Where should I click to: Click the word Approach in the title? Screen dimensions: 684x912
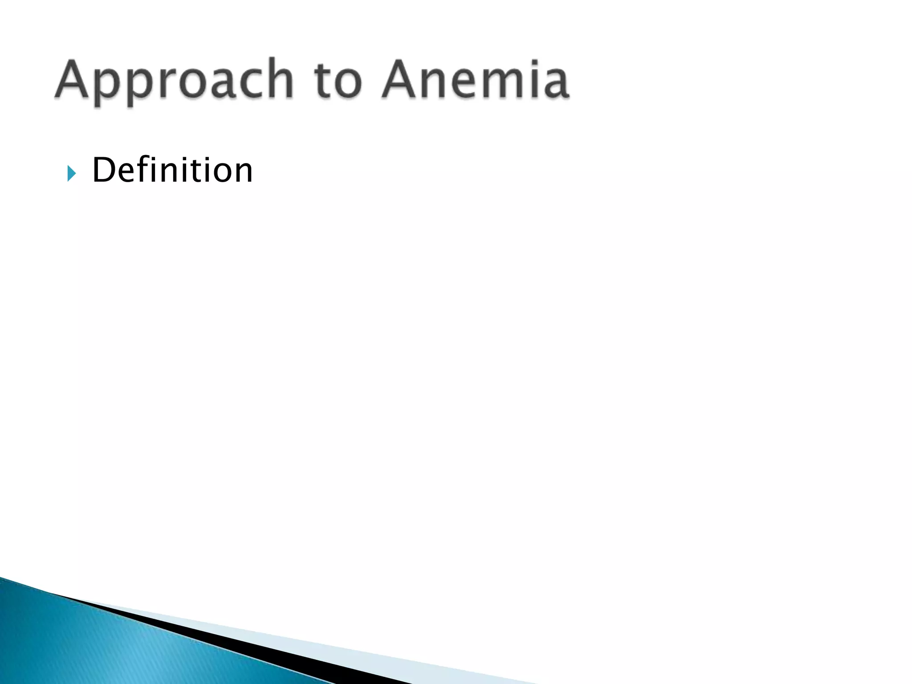[x=174, y=80]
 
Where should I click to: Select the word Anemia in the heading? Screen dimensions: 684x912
[x=475, y=80]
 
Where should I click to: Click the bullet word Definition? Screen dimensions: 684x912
[x=172, y=170]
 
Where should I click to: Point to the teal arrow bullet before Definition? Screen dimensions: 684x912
[x=71, y=173]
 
